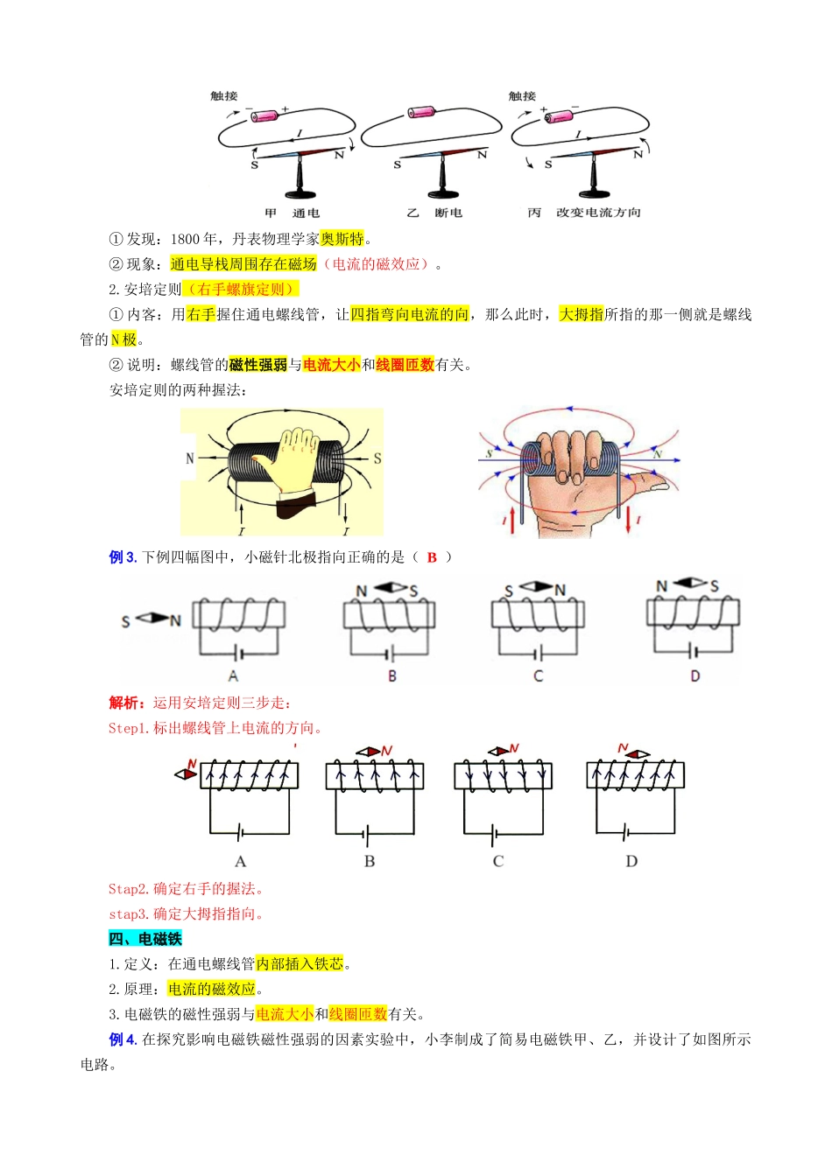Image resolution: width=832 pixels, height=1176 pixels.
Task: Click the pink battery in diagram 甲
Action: (x=264, y=115)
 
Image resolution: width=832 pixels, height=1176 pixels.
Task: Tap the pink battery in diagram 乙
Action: (x=421, y=112)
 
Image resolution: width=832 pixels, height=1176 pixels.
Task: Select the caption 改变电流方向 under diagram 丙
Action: (x=598, y=213)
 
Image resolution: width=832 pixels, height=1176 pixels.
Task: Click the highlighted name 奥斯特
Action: (x=342, y=239)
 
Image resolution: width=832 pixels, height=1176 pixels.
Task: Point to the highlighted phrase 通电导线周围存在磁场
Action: (x=243, y=264)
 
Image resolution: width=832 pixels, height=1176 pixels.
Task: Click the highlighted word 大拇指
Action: (x=582, y=315)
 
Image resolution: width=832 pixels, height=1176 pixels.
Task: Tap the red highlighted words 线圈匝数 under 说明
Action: (x=405, y=365)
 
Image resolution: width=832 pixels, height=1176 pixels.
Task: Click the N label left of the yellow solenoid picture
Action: (x=190, y=458)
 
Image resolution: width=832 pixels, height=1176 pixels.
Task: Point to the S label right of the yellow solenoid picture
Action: (x=377, y=458)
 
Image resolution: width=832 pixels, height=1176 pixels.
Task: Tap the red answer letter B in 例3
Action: (x=432, y=557)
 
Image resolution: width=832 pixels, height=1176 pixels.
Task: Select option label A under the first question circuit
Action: (x=233, y=675)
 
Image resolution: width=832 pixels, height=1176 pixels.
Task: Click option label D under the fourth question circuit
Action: (x=695, y=675)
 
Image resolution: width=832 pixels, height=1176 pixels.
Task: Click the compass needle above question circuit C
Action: (x=537, y=586)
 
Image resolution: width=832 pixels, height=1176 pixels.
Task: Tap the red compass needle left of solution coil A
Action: (x=187, y=774)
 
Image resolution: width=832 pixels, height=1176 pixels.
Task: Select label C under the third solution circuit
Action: (x=498, y=861)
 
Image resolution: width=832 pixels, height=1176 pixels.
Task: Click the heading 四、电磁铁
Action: (x=145, y=939)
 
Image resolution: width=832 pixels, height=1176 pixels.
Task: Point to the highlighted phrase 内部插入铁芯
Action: (x=300, y=964)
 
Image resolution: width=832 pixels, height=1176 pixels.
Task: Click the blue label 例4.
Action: (x=123, y=1039)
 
